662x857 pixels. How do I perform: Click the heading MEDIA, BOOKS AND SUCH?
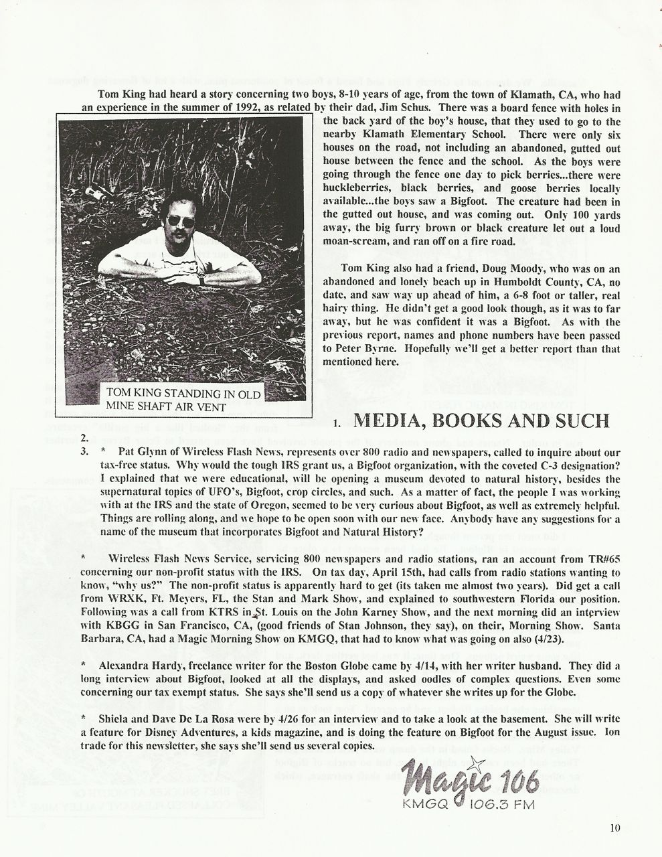pyautogui.click(x=481, y=421)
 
